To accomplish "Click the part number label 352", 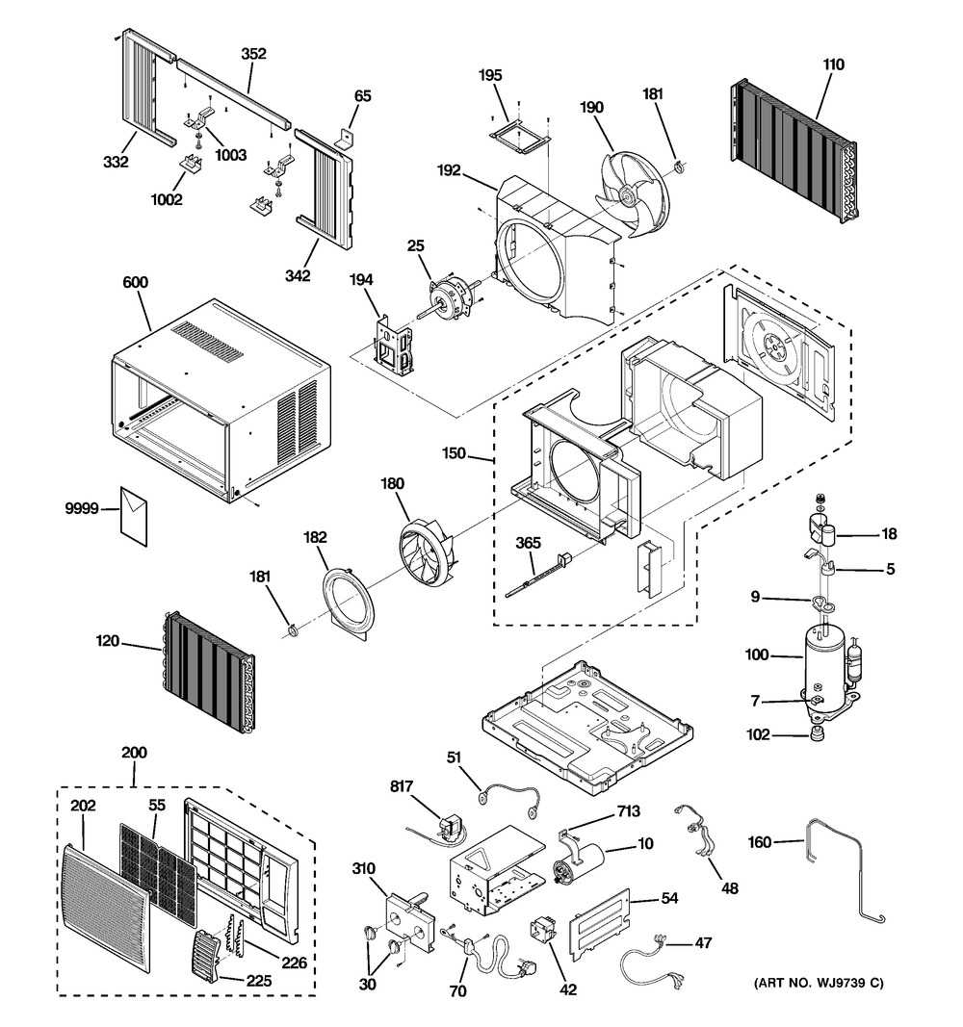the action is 253,54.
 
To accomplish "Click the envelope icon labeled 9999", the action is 134,516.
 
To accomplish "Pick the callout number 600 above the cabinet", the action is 135,282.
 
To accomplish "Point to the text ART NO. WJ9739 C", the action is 819,983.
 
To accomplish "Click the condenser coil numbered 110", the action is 794,151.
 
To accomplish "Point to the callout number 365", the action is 528,543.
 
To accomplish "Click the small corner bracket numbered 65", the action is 345,137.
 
